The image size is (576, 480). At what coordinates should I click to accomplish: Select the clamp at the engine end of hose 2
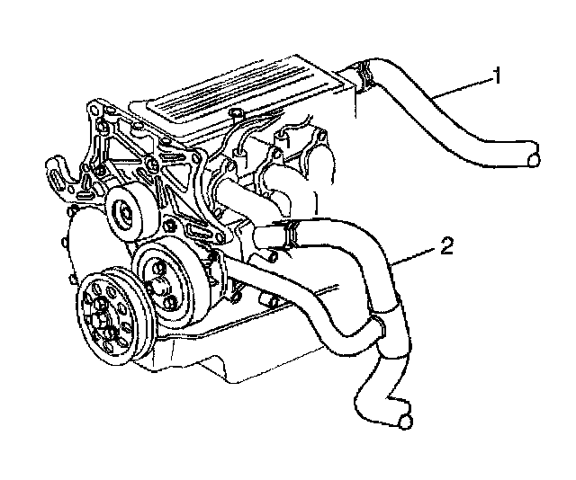click(286, 231)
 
